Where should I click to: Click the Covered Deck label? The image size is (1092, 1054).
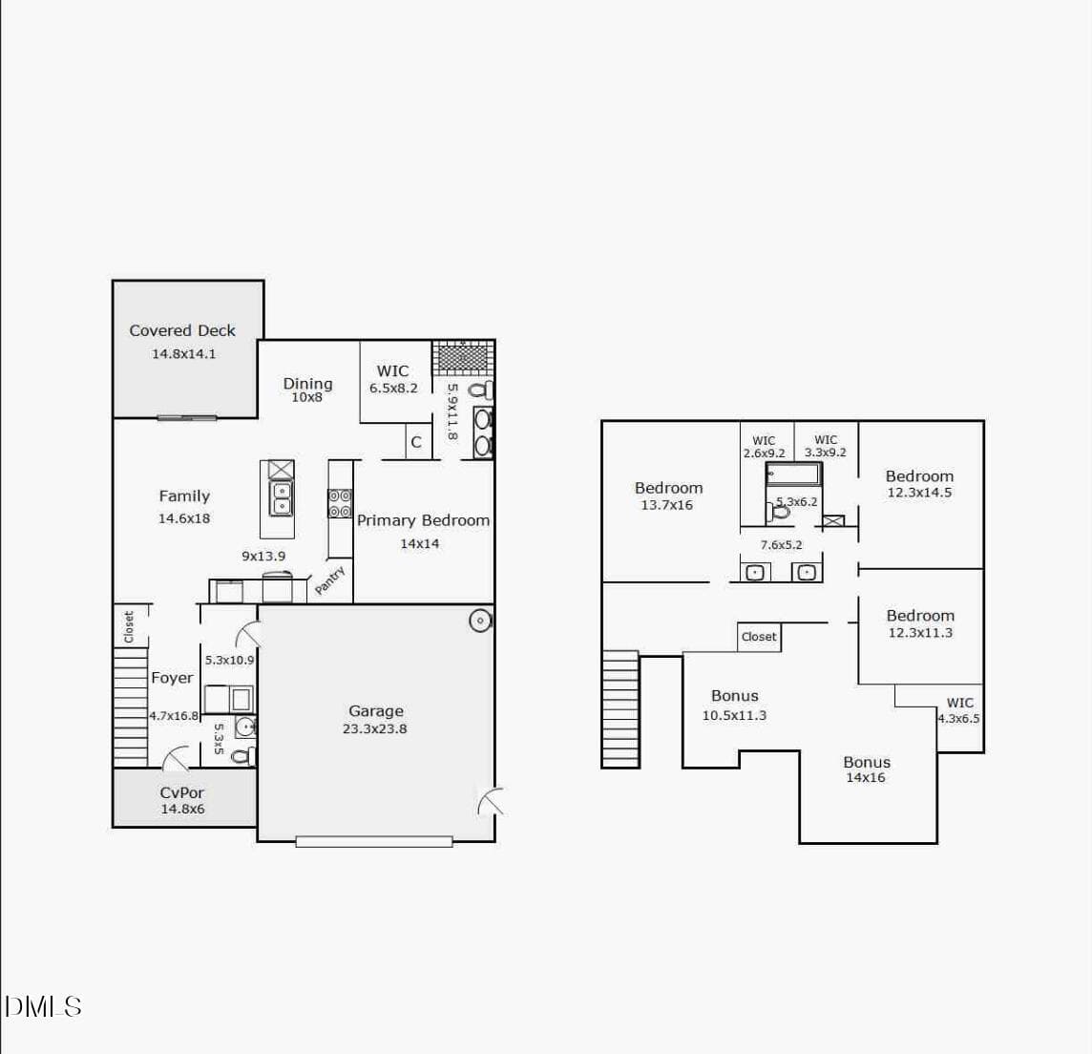(x=182, y=330)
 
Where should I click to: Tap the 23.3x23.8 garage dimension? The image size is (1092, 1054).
(x=375, y=728)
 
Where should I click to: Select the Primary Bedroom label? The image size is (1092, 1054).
(x=424, y=520)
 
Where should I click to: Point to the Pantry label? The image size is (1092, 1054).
(x=329, y=580)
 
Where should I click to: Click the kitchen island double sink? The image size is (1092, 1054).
(x=281, y=498)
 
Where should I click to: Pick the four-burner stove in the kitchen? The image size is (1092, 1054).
(x=340, y=503)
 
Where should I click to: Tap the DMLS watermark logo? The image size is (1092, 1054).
(x=43, y=1006)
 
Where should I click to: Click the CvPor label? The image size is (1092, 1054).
(x=181, y=792)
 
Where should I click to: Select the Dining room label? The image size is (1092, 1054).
(x=307, y=383)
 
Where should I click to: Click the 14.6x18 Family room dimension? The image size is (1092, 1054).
(x=184, y=518)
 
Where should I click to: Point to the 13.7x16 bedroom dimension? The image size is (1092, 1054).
(x=667, y=505)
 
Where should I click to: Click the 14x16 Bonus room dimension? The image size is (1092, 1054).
(x=866, y=777)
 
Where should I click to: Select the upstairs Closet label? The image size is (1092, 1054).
(x=759, y=637)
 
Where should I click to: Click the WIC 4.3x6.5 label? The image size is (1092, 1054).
(x=959, y=710)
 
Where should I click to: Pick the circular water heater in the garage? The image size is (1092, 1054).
(x=480, y=620)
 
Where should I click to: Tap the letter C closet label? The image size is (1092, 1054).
(x=416, y=442)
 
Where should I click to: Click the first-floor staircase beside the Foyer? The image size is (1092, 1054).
(x=130, y=706)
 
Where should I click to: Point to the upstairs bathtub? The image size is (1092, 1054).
(x=794, y=474)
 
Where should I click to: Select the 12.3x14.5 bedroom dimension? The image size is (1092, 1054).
(x=919, y=492)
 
